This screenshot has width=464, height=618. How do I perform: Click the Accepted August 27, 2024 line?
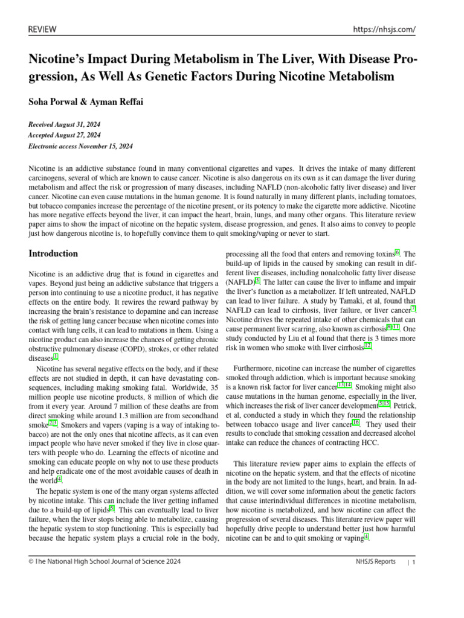pos(65,135)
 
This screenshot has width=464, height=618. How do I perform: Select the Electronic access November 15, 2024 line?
pos(81,146)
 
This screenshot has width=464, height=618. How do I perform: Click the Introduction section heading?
pos(54,253)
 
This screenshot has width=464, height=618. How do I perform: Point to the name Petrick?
pos(404,405)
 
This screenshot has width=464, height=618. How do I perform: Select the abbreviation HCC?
pos(370,442)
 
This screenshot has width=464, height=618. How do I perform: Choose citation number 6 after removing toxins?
pos(397,252)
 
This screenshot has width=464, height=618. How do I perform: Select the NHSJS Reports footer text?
pos(376,561)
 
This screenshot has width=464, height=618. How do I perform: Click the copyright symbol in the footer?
pos(31,561)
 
